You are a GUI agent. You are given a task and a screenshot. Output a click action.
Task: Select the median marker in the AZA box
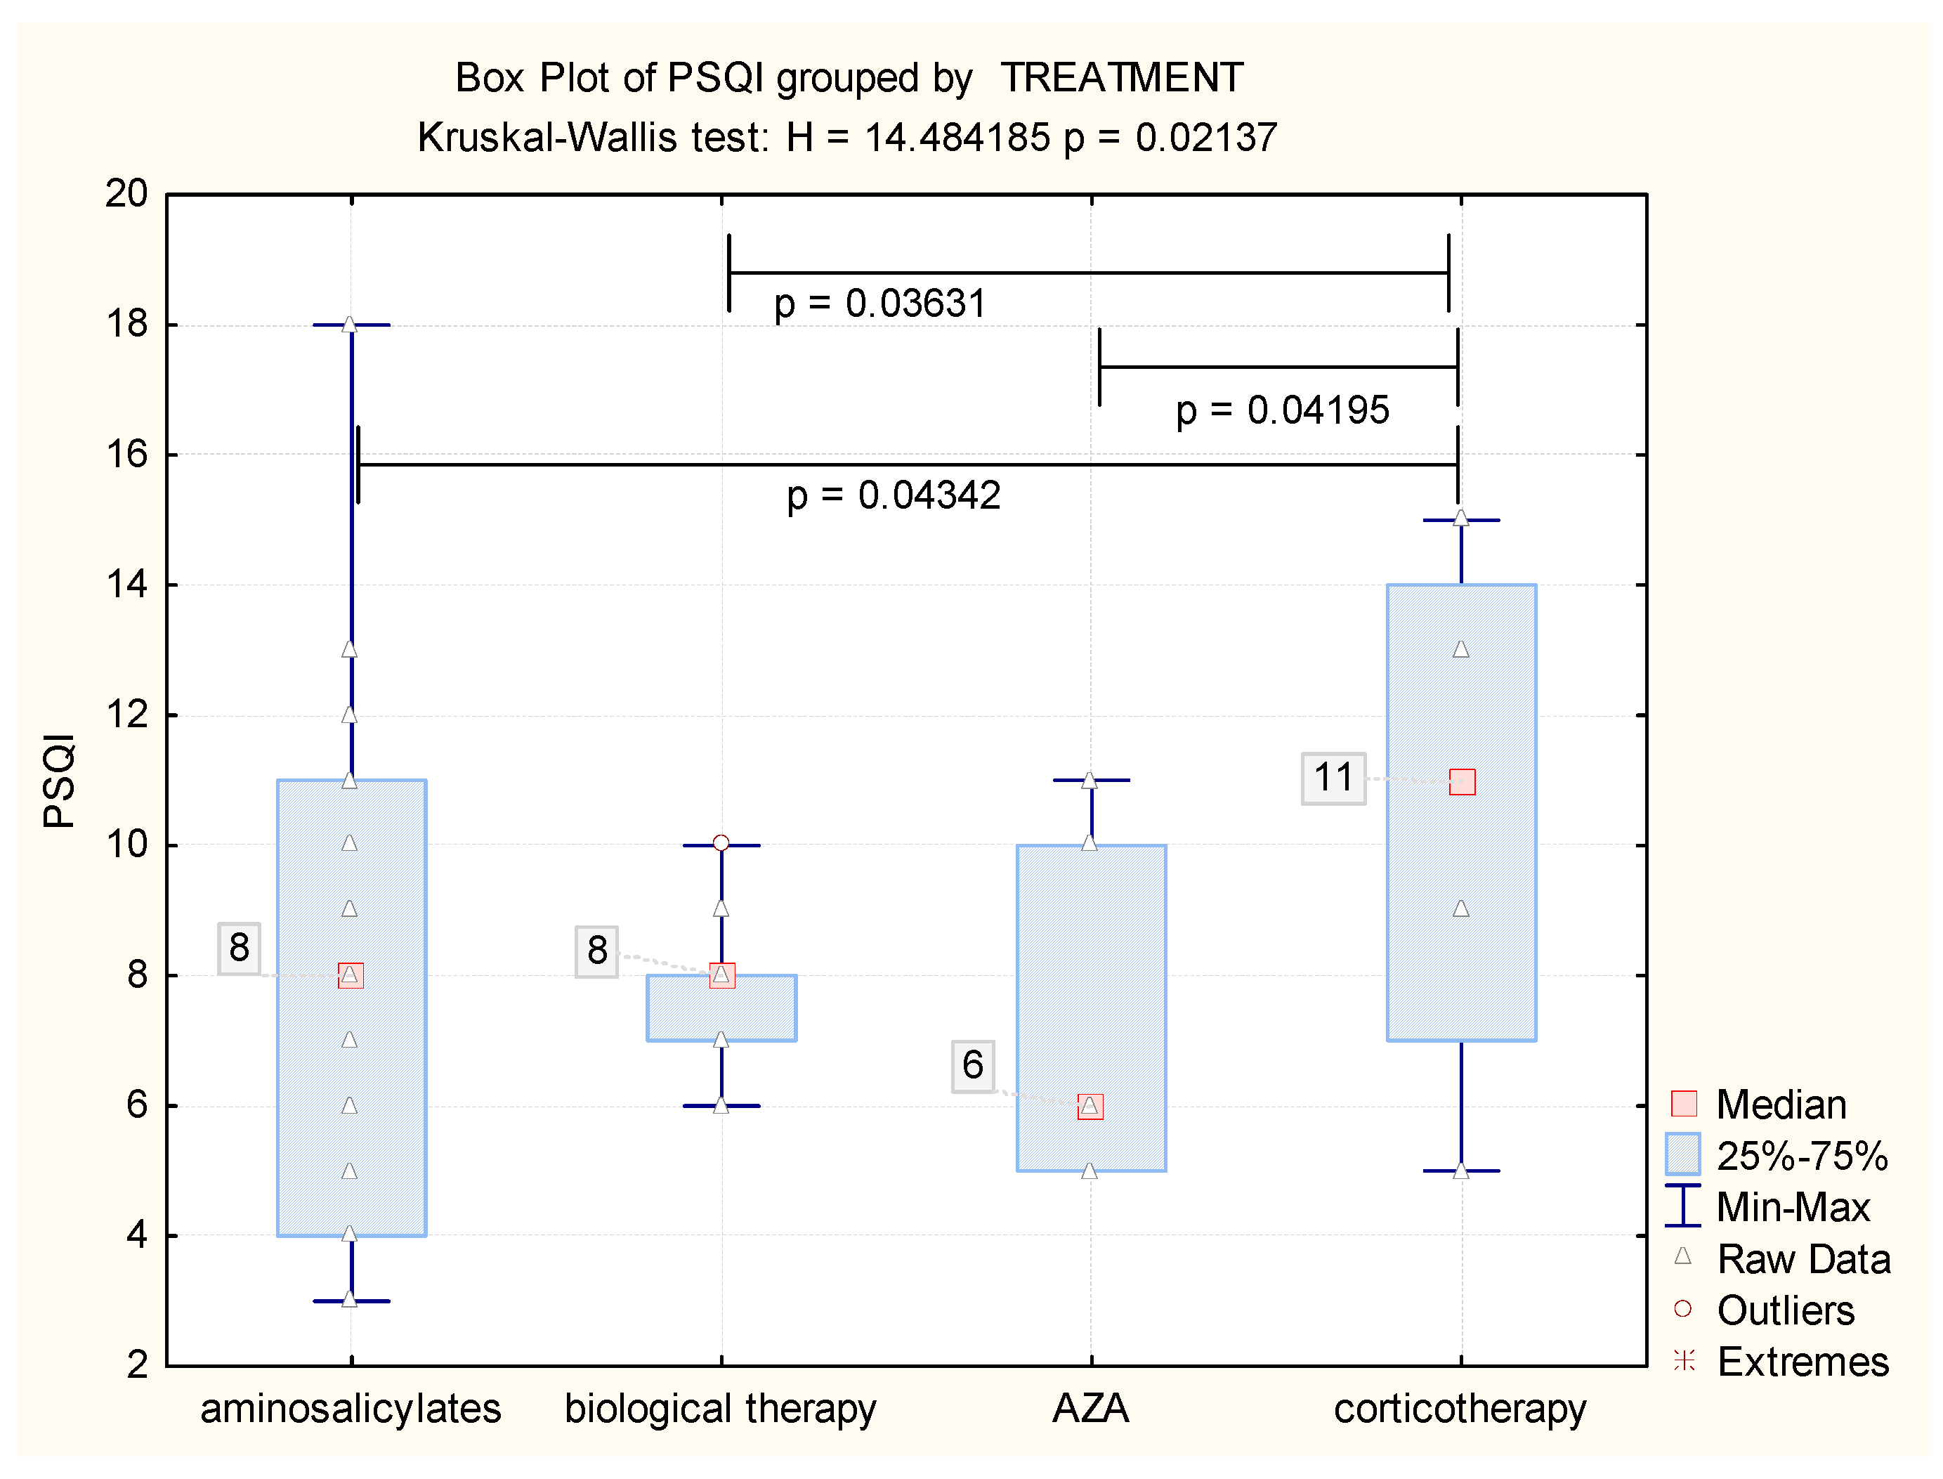[1090, 1107]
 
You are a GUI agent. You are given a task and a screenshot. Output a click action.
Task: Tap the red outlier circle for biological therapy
[721, 842]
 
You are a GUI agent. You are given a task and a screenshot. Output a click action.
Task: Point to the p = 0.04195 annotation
[1282, 410]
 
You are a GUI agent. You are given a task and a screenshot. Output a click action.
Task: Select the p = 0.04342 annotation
[894, 495]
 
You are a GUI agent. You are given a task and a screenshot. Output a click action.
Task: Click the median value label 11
[1333, 778]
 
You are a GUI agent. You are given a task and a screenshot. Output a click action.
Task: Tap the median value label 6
[972, 1065]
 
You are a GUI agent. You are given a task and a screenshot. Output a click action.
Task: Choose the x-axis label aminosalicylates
[351, 1409]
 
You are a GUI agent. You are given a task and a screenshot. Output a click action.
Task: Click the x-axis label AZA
[1090, 1409]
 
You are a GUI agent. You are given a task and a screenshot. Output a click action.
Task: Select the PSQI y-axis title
[59, 780]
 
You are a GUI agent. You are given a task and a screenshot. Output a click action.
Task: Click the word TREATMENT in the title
[1121, 79]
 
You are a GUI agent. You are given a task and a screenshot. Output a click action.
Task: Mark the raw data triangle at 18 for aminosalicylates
[349, 324]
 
